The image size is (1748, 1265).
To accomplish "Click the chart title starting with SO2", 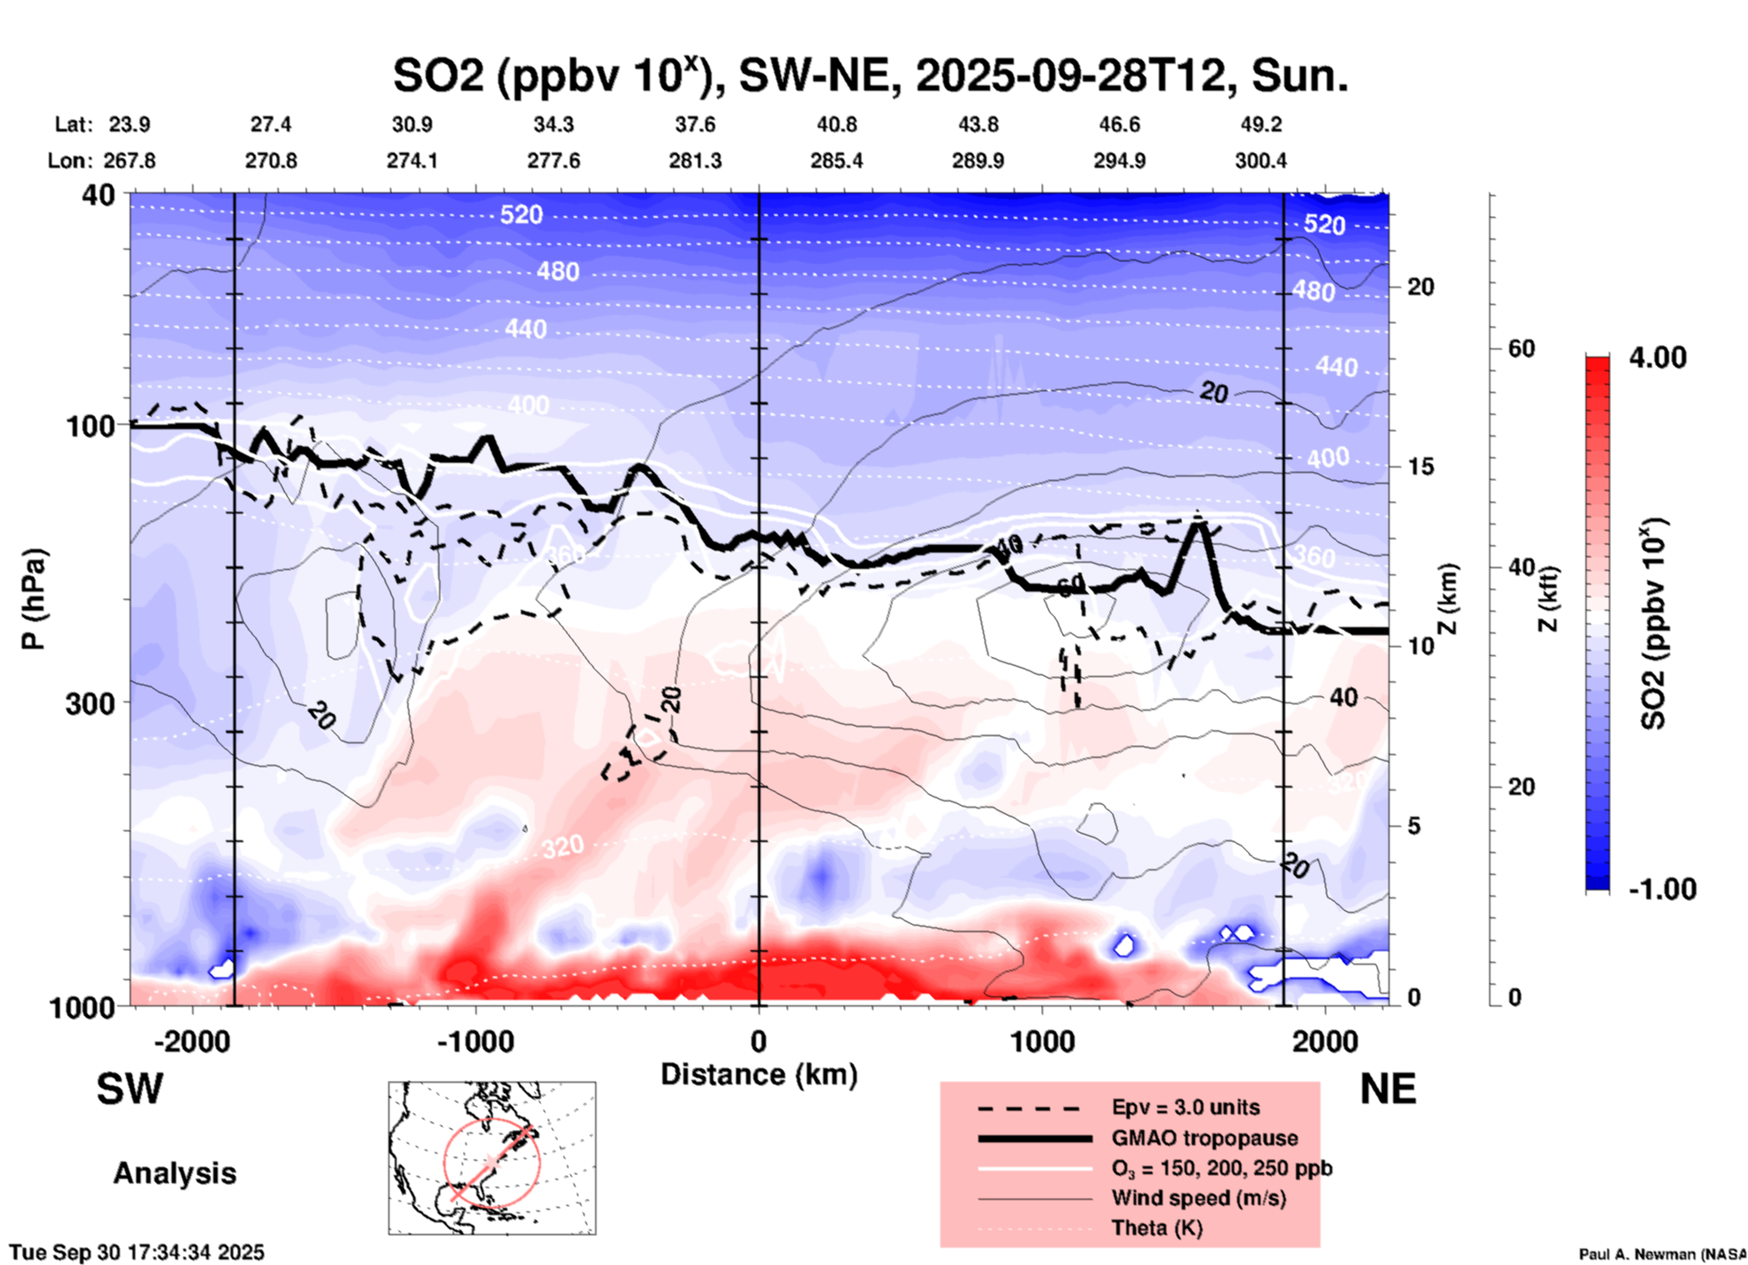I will click(869, 76).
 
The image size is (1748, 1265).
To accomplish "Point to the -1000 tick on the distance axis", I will click(475, 1042).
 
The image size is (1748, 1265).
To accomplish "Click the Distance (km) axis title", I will click(759, 1074).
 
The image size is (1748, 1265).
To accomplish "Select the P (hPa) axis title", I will click(34, 599).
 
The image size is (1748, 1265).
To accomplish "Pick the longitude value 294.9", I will click(1119, 161).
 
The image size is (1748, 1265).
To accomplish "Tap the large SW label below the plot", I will click(130, 1089).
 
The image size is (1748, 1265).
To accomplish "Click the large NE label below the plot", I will click(1388, 1089).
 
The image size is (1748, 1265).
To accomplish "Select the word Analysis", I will click(174, 1173).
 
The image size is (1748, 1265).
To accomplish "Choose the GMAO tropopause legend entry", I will click(1204, 1138).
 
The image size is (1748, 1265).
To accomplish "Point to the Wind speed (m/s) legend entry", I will click(1198, 1198).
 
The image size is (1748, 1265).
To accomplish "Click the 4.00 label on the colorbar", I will click(1657, 358).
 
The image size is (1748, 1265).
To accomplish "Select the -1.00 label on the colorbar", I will click(1662, 889).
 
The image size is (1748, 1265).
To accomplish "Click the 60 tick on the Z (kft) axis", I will click(1521, 349).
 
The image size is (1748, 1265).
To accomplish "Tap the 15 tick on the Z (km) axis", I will click(1420, 466).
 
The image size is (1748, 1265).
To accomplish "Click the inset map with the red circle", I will click(492, 1158).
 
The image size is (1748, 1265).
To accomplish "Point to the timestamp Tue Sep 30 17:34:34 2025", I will click(137, 1252).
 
